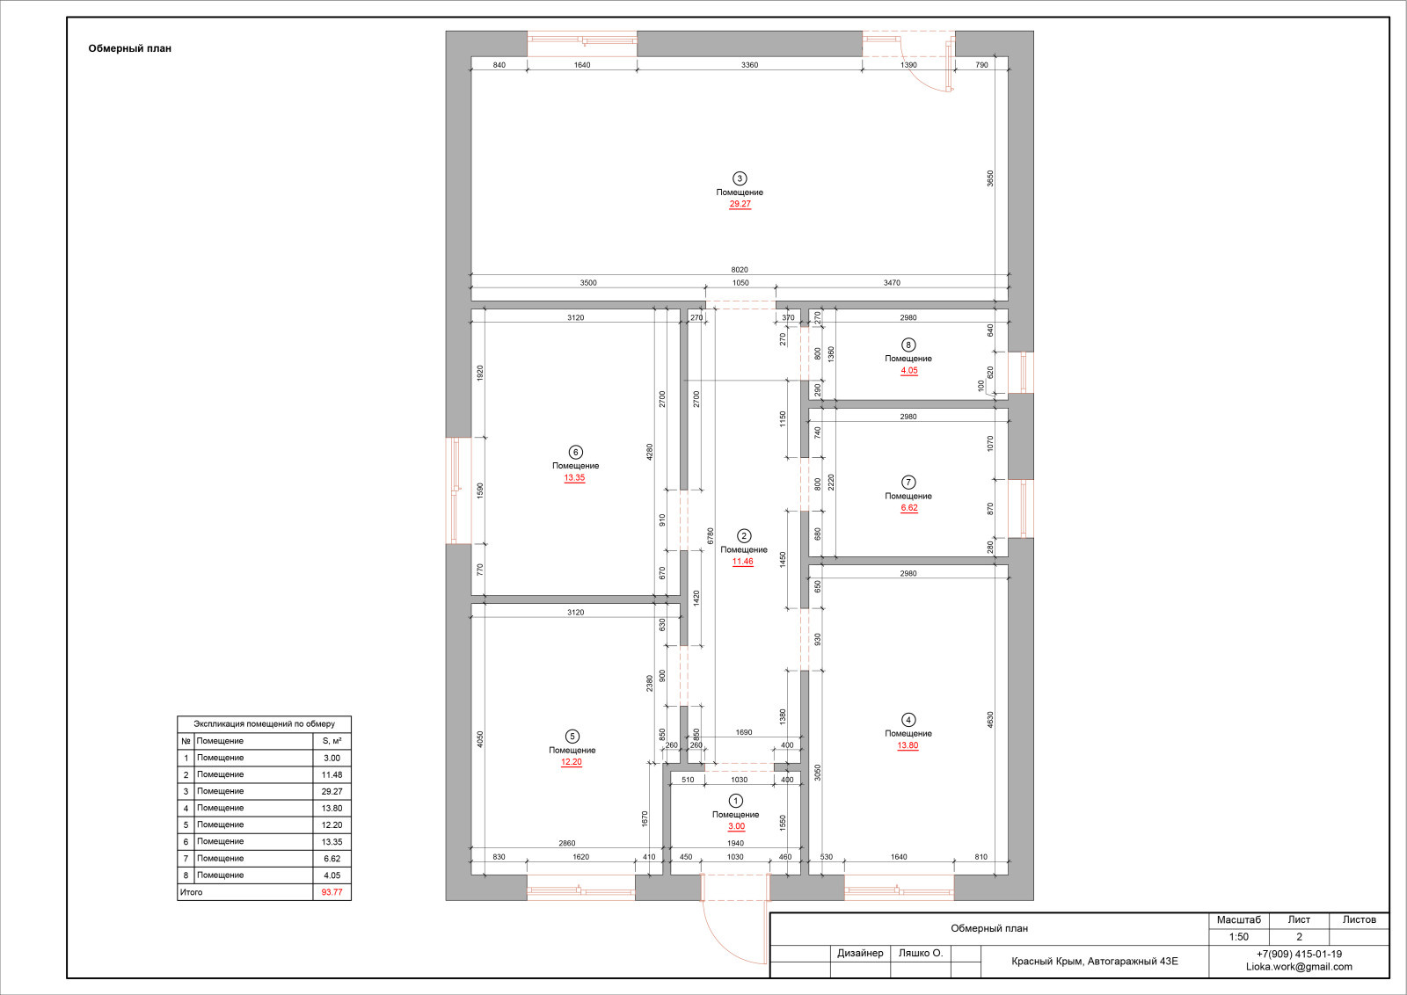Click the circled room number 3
pyautogui.click(x=740, y=178)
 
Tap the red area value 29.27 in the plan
pyautogui.click(x=740, y=204)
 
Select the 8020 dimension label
pyautogui.click(x=740, y=270)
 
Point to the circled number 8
pyautogui.click(x=908, y=345)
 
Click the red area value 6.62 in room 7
pyautogui.click(x=909, y=508)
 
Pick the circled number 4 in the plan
pyautogui.click(x=908, y=720)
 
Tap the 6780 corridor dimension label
pyautogui.click(x=711, y=535)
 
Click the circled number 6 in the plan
pyautogui.click(x=575, y=452)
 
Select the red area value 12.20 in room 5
pyautogui.click(x=572, y=762)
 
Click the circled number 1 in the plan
pyautogui.click(x=735, y=801)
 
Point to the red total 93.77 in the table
pyautogui.click(x=332, y=892)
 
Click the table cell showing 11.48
pyautogui.click(x=332, y=774)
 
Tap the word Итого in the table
pyautogui.click(x=191, y=892)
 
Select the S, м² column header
pyautogui.click(x=332, y=741)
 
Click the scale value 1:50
pyautogui.click(x=1239, y=937)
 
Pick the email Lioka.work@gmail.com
pyautogui.click(x=1299, y=967)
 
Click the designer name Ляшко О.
pyautogui.click(x=920, y=953)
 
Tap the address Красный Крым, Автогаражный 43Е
pyautogui.click(x=1094, y=961)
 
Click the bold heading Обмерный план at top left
pyautogui.click(x=129, y=48)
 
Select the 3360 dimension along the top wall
pyautogui.click(x=749, y=65)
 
